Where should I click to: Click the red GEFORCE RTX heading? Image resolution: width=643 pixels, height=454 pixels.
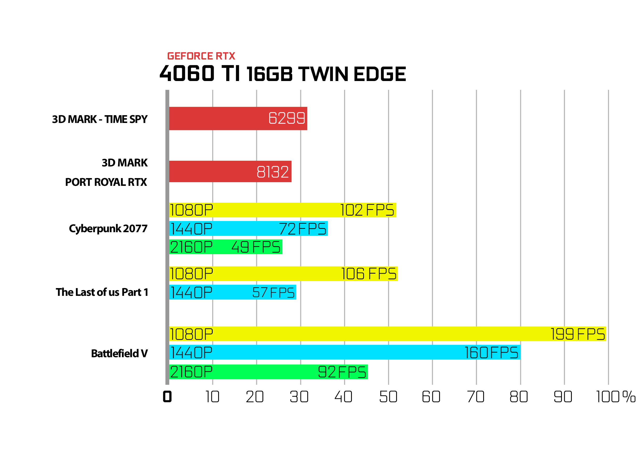point(201,56)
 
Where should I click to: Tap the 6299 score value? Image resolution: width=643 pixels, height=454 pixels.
point(287,118)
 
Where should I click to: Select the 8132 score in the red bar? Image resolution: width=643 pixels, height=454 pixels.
point(273,172)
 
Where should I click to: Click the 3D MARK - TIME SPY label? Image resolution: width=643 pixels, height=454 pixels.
point(100,119)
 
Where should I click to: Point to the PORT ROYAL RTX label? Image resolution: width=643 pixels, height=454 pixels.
point(106,182)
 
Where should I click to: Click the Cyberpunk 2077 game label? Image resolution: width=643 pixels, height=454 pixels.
point(108,229)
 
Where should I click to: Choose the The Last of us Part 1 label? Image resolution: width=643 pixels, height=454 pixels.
point(102,292)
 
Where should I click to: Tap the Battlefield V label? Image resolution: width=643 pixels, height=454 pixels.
point(119,354)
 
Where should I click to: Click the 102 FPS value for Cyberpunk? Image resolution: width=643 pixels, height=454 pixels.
point(367,210)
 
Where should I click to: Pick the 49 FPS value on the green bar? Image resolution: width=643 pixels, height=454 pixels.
point(256,247)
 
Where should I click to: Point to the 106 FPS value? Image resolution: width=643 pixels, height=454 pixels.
point(369,274)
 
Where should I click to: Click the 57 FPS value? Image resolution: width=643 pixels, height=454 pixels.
point(273,292)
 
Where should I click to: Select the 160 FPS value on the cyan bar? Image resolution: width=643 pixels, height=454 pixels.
point(491,353)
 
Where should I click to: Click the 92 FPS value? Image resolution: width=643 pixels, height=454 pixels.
point(342,372)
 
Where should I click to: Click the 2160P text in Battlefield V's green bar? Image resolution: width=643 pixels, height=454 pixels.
point(191,372)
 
